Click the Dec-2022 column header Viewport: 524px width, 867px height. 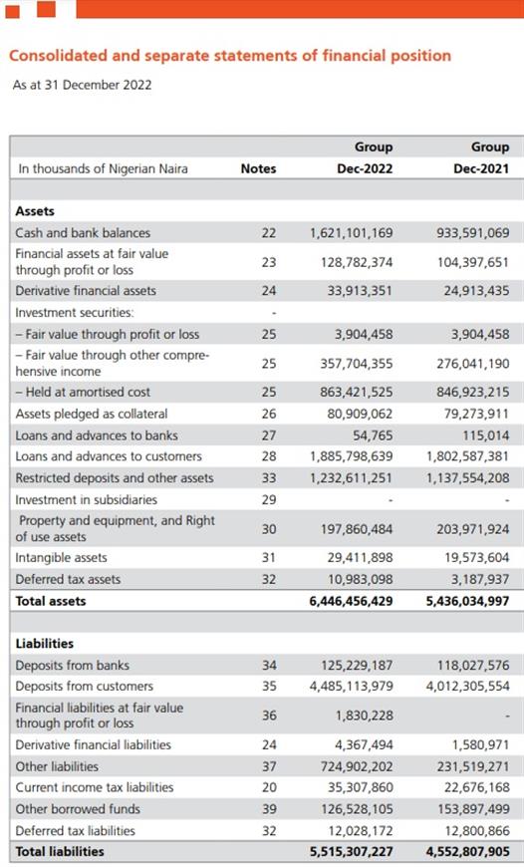pos(365,168)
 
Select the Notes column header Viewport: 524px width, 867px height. pos(258,168)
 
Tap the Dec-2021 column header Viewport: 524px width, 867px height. pos(481,168)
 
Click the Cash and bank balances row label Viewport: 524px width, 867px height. pos(83,233)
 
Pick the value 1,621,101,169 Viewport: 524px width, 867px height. pos(352,233)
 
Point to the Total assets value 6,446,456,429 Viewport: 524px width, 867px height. pos(352,601)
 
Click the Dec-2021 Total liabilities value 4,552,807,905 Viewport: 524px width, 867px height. pos(467,851)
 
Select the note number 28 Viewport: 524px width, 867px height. pos(269,456)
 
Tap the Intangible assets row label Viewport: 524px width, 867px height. pos(62,557)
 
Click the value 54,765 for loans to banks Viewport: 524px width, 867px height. pos(373,435)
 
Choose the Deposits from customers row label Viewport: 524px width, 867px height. pos(84,687)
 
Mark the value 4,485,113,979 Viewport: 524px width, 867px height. pos(352,687)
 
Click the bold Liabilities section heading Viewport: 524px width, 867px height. pos(44,644)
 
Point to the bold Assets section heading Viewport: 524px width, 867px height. pos(35,211)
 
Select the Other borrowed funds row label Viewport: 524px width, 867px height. pos(78,809)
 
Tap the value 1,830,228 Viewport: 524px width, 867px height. pos(365,716)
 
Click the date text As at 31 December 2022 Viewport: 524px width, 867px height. pos(82,85)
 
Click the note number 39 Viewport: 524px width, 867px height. pos(269,809)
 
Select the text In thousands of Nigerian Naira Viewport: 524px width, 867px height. pos(103,168)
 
